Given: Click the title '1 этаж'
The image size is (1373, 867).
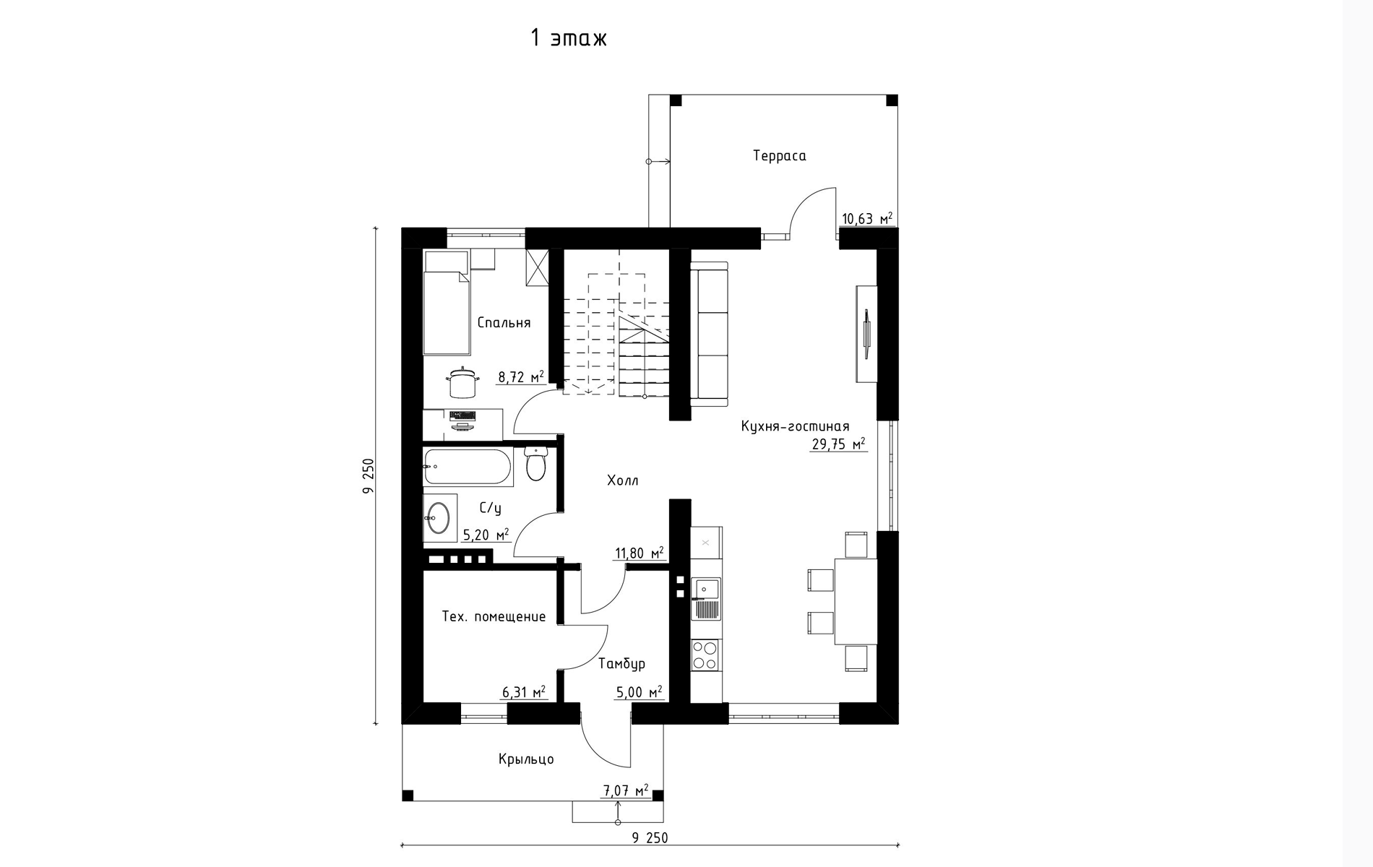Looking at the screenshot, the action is click(x=569, y=38).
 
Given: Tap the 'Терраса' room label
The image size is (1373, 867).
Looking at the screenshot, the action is click(x=779, y=156).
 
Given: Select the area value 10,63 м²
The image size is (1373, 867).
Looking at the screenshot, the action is click(x=867, y=218).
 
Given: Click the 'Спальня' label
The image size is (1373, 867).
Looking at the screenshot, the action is click(x=504, y=323).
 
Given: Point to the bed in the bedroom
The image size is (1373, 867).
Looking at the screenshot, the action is click(x=447, y=303).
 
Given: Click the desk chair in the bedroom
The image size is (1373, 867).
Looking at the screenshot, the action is click(x=462, y=382).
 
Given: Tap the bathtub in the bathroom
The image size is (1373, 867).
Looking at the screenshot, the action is click(x=468, y=467).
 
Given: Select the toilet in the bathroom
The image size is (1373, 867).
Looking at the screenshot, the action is click(x=535, y=463).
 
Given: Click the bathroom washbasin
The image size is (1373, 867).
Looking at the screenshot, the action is click(x=439, y=517).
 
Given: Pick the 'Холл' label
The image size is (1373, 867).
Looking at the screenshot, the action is click(x=622, y=480).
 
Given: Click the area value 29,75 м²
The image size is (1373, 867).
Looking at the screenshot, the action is click(x=838, y=444).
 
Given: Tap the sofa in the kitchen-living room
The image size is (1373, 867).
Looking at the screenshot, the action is click(x=710, y=330).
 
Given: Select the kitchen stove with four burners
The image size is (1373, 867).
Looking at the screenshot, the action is click(x=705, y=655).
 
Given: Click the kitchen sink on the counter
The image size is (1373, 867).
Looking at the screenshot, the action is click(x=706, y=599).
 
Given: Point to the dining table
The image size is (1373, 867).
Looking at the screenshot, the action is click(x=856, y=601).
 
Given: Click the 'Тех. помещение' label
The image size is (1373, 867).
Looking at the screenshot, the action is click(x=494, y=617).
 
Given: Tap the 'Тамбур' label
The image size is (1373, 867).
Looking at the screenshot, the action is click(x=621, y=663).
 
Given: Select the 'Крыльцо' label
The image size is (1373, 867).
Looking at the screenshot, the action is click(x=526, y=759).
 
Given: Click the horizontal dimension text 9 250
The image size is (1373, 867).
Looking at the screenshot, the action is click(x=650, y=838).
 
